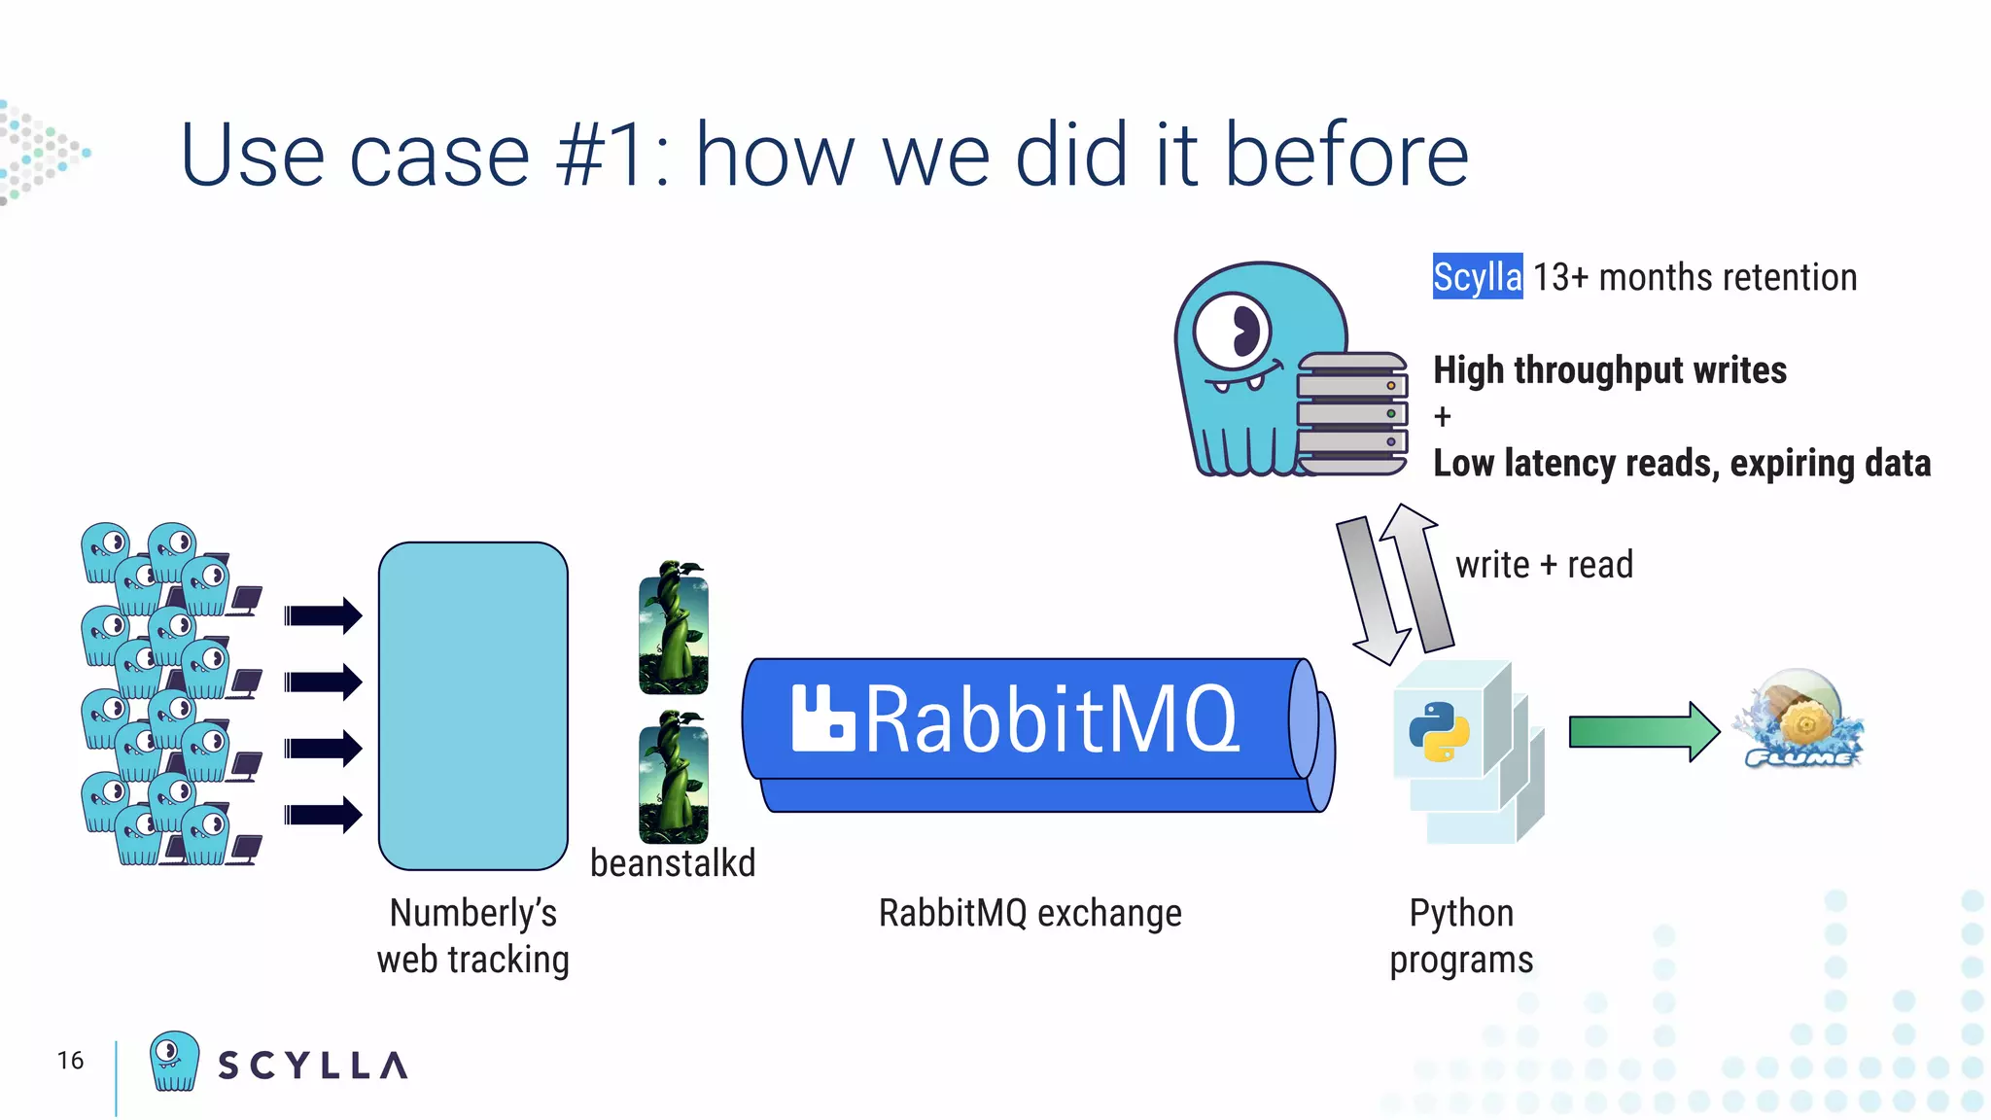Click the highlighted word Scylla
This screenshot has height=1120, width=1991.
point(1477,277)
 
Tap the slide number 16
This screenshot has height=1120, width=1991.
point(70,1061)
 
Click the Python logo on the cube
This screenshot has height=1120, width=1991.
point(1439,731)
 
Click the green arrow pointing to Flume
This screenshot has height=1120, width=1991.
point(1643,731)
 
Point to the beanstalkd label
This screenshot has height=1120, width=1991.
point(673,863)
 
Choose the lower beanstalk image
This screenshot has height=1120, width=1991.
point(673,778)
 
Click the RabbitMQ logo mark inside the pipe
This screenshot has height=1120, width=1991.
point(821,719)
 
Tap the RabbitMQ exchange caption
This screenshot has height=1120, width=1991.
point(1030,914)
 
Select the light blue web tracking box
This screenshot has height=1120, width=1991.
point(473,706)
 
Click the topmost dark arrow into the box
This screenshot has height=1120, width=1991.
point(323,615)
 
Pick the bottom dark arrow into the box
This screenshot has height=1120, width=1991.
point(323,815)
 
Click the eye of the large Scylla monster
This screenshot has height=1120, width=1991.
point(1233,331)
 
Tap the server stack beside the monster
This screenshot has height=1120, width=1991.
point(1352,414)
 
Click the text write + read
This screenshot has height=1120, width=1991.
point(1544,565)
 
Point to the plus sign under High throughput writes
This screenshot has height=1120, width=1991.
point(1443,417)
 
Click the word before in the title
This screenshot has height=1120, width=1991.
point(1345,156)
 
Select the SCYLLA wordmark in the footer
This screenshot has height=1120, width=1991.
point(312,1066)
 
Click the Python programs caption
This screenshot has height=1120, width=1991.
point(1461,936)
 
